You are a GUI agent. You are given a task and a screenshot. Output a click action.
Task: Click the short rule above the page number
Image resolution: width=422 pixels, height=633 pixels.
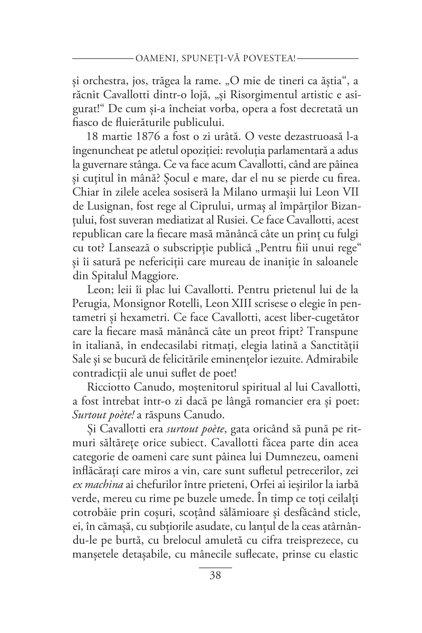[215, 567]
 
